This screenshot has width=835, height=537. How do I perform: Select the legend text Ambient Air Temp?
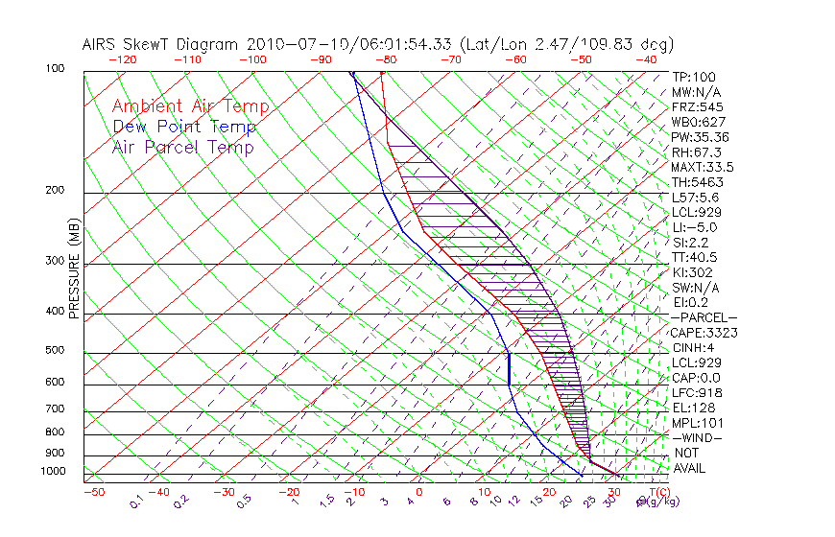190,107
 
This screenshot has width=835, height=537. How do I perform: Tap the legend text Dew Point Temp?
183,128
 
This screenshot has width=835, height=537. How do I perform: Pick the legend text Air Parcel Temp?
182,148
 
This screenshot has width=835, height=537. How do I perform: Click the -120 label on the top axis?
122,59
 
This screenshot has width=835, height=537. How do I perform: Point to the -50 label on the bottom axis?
93,492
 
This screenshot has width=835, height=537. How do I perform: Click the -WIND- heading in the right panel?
696,437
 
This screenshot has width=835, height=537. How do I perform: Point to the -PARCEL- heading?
704,317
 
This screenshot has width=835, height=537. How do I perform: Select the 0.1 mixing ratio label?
136,502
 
